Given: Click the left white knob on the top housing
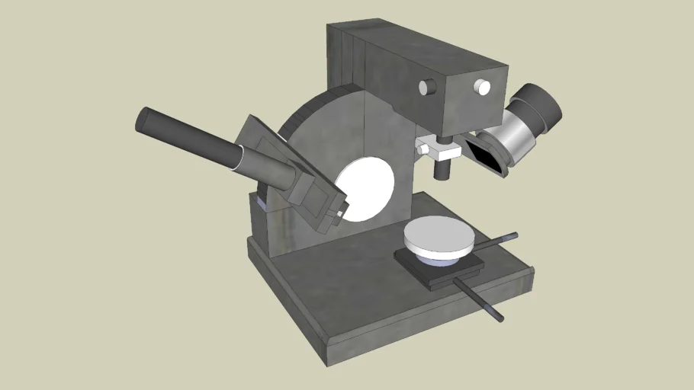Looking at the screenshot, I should [425, 88].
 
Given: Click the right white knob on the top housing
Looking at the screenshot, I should [482, 88].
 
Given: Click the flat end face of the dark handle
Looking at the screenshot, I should [144, 120].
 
